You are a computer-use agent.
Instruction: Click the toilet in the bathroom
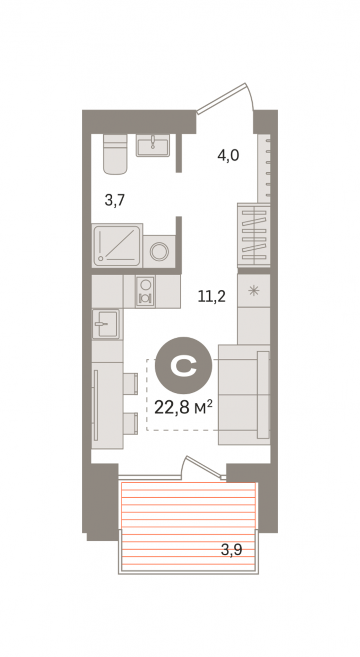(x=115, y=154)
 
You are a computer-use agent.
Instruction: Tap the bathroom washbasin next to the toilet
(x=153, y=145)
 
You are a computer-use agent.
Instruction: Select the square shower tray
(x=117, y=245)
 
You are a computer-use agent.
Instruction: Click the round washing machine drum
(x=159, y=251)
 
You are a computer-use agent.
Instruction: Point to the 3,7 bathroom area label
(x=115, y=201)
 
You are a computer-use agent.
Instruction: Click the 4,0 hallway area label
(x=228, y=155)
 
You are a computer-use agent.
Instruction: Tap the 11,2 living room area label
(x=212, y=296)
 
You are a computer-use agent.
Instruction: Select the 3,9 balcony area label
(x=231, y=550)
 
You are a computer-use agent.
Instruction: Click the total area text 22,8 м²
(x=183, y=407)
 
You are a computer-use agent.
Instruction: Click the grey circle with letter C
(x=183, y=365)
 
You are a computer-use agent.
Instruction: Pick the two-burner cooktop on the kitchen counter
(x=145, y=292)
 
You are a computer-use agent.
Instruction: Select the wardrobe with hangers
(x=254, y=234)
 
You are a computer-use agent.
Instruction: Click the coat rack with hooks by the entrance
(x=264, y=168)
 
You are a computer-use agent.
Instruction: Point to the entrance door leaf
(x=221, y=98)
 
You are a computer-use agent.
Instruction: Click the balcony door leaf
(x=204, y=466)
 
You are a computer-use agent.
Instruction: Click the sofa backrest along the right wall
(x=263, y=395)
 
